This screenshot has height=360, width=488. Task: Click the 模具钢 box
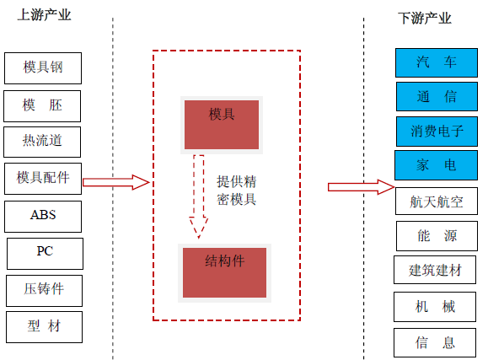tap(43, 68)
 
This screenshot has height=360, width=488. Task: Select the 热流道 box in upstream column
tap(42, 142)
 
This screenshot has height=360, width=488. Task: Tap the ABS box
tap(43, 217)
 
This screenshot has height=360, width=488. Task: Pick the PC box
tap(45, 254)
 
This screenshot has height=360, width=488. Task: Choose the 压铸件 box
tap(44, 291)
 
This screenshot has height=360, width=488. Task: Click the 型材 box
tap(44, 327)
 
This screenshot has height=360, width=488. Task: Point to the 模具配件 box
tap(43, 179)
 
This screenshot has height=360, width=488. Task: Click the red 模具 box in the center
tap(222, 125)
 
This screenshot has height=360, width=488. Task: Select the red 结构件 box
tap(224, 273)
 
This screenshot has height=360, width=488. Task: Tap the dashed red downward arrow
tap(199, 196)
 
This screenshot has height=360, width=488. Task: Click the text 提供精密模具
tap(237, 191)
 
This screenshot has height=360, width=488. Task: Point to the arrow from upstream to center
tap(116, 182)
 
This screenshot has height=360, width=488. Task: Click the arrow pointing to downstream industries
tap(362, 187)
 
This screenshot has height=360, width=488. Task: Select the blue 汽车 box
tap(437, 62)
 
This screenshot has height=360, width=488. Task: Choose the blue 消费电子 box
tap(437, 132)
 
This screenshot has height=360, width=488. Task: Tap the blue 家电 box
tap(436, 165)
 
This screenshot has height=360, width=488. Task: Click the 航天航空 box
tap(437, 201)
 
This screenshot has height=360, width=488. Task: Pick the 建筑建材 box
tap(435, 270)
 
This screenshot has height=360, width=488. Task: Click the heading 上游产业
tap(44, 15)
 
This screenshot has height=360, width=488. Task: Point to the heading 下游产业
tap(425, 18)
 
